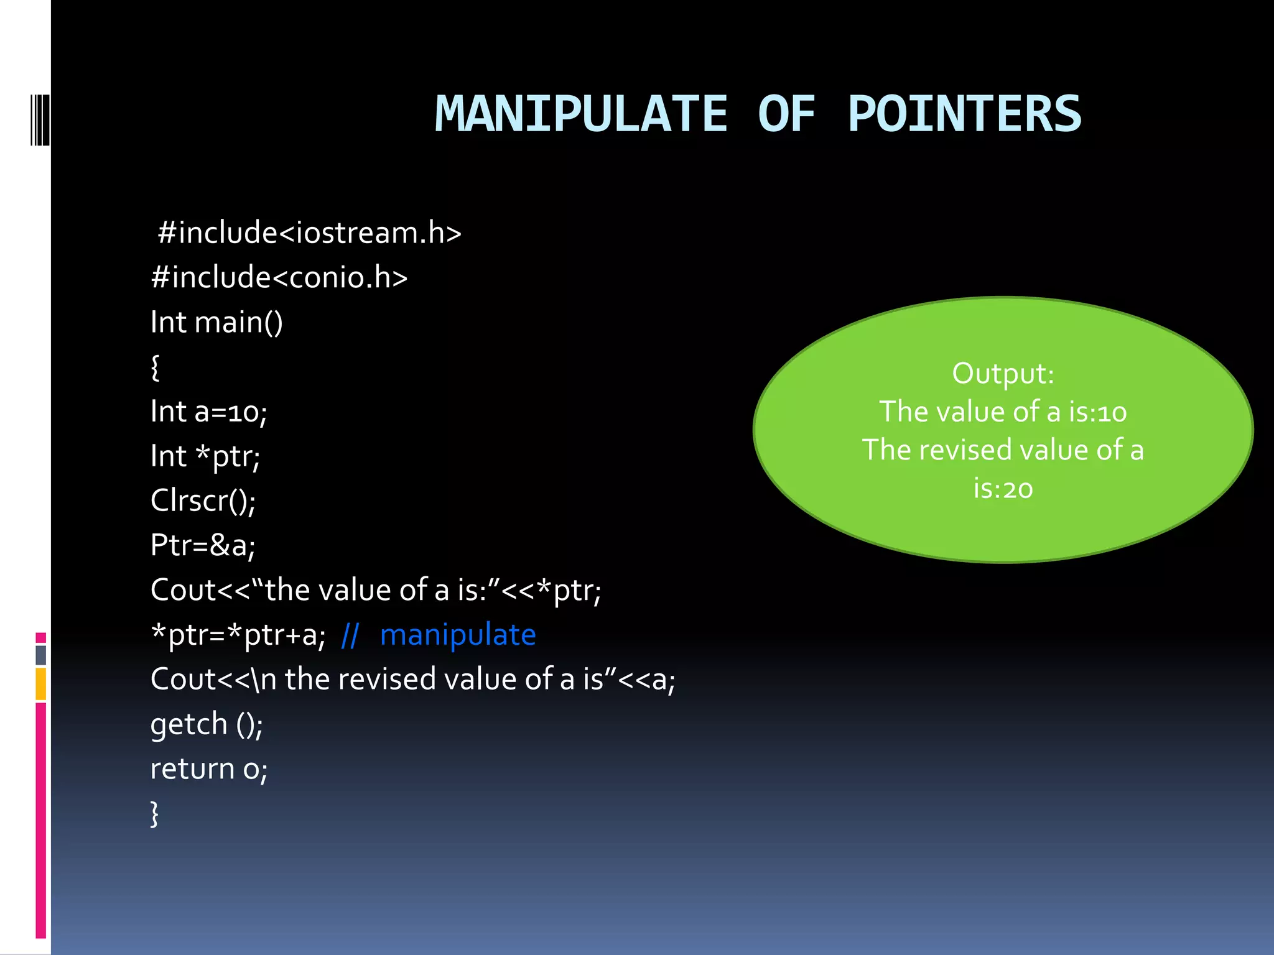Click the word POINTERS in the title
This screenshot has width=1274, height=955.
tap(964, 114)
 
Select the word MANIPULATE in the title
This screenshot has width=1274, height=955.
tap(581, 114)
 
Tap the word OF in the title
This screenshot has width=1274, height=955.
tap(786, 114)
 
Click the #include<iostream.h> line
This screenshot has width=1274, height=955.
tap(309, 233)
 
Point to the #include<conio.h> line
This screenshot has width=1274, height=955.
tap(279, 277)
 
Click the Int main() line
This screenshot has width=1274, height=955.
tap(216, 322)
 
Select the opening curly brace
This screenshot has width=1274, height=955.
tap(156, 367)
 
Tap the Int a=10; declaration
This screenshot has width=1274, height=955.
tap(209, 412)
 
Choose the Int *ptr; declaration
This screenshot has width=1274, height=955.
tap(205, 456)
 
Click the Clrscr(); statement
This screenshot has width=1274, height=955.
tap(203, 501)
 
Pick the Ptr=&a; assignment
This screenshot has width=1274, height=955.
tap(203, 545)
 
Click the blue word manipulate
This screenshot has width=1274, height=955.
tap(458, 635)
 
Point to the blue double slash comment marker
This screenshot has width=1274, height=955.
tap(350, 635)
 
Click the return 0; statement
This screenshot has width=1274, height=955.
tap(209, 769)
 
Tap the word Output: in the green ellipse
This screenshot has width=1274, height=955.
tap(1003, 374)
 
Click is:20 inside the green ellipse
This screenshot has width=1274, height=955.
tap(1003, 489)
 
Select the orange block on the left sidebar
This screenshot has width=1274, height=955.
tap(41, 684)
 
